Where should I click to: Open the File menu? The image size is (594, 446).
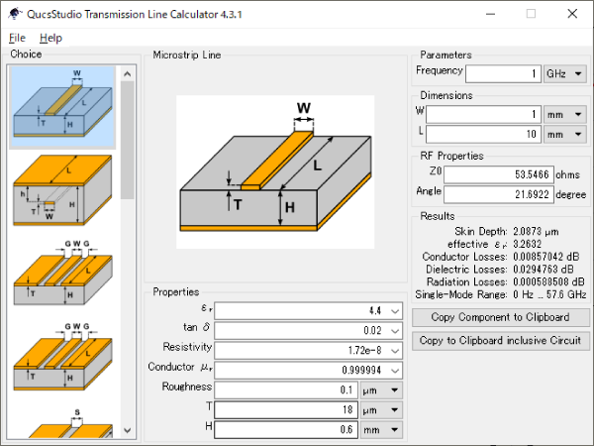point(17,38)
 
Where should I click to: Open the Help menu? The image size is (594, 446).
point(50,38)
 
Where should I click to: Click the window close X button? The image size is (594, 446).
point(572,14)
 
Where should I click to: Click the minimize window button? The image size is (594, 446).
point(491,14)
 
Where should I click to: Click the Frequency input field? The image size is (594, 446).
point(503,73)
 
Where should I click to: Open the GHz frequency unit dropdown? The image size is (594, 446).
point(565,73)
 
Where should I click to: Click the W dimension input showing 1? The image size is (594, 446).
point(484,115)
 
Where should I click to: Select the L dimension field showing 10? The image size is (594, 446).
point(484,134)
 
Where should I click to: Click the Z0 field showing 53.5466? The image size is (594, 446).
point(499,174)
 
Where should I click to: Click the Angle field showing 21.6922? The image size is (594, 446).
point(499,194)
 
